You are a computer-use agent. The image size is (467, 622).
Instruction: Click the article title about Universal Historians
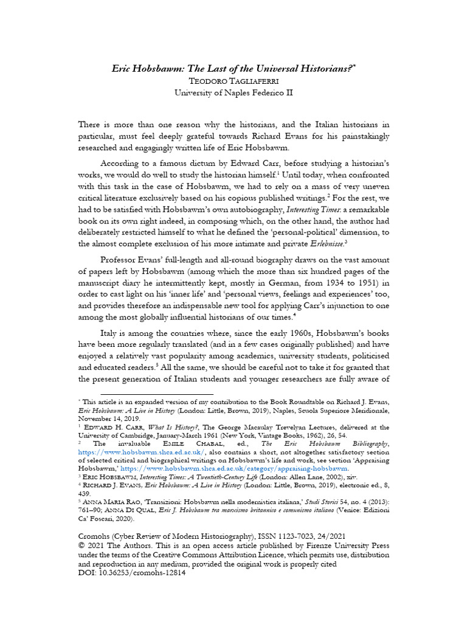pos(233,69)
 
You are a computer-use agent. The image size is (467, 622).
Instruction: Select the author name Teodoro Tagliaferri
pos(233,81)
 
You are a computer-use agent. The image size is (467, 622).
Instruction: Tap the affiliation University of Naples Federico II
pos(233,93)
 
